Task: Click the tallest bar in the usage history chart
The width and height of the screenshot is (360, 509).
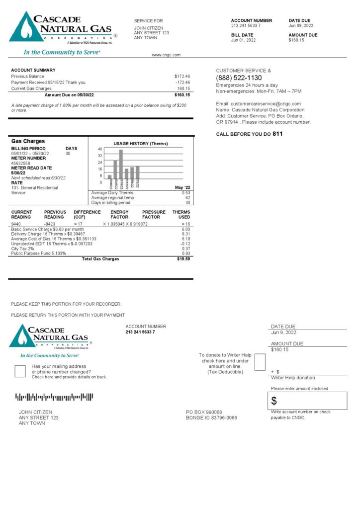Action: tap(121, 164)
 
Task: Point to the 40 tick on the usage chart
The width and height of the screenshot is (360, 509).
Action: tap(100, 149)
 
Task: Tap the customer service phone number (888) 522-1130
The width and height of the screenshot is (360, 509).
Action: tap(239, 78)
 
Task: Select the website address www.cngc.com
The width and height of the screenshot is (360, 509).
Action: tap(166, 55)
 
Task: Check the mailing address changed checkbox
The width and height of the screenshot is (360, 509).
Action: tap(20, 371)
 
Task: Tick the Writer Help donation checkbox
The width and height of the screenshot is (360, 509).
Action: tap(260, 362)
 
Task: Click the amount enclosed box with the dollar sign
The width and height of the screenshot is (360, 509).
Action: tap(308, 401)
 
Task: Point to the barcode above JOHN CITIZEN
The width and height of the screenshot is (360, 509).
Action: tap(54, 397)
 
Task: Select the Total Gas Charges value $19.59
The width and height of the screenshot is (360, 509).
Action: tap(183, 259)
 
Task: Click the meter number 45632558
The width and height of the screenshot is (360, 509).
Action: tap(20, 163)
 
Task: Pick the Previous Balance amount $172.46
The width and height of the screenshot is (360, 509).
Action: tap(182, 77)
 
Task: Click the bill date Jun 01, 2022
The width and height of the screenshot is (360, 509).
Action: tap(243, 40)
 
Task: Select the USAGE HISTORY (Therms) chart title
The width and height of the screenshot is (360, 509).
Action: tap(141, 144)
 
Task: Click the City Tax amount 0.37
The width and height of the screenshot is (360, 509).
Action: tap(186, 249)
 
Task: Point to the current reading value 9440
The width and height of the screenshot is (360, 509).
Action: tap(16, 224)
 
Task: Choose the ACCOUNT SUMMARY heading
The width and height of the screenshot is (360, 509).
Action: tap(33, 70)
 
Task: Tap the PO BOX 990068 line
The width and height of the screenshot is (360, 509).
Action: tap(204, 412)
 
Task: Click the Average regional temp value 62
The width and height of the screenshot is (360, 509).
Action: tap(187, 198)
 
